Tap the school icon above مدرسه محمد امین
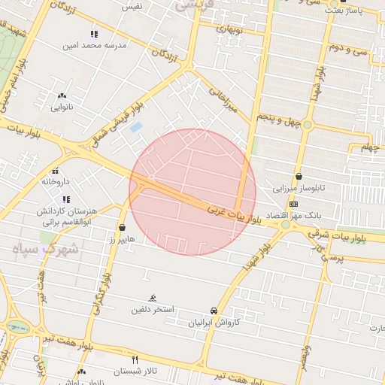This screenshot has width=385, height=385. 94,34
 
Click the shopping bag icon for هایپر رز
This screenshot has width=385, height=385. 123,227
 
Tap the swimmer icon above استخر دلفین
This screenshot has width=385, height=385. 153,299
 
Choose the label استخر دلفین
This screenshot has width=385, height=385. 153,309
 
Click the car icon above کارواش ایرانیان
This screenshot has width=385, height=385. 214,311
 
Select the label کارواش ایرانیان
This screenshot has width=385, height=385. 214,322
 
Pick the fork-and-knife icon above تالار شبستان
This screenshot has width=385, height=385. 135,359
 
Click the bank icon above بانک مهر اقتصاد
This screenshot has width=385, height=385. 293,204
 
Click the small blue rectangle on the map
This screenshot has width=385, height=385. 136,127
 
